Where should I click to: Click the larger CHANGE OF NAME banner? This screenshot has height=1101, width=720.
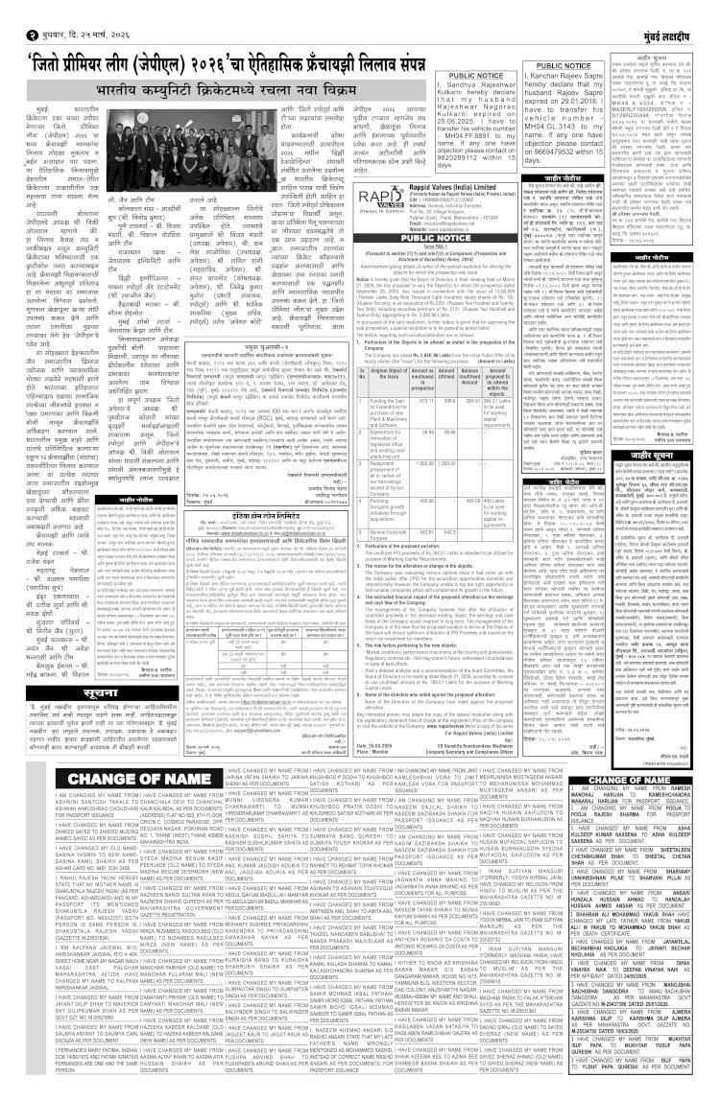coord(75,657)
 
